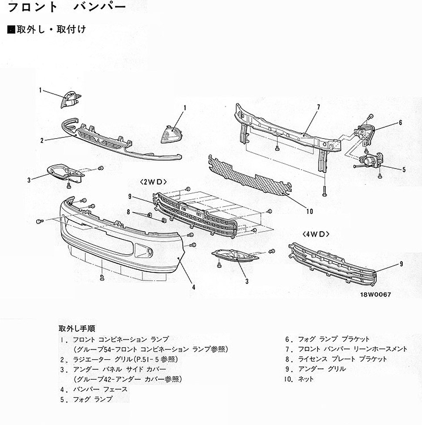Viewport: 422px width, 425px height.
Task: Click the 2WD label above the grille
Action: [153, 182]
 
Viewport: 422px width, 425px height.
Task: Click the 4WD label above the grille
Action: [316, 234]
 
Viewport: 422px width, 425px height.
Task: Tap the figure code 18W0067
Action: [375, 294]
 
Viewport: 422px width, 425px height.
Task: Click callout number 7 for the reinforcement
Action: [318, 107]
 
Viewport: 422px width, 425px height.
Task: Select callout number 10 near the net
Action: [310, 211]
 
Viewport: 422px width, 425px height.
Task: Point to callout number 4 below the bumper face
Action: [193, 287]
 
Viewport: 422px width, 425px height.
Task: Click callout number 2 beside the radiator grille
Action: [42, 140]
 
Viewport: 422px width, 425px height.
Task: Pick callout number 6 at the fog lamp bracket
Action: [400, 123]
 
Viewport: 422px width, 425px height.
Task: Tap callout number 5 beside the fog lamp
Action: [404, 170]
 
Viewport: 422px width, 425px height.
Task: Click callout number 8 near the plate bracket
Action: [128, 212]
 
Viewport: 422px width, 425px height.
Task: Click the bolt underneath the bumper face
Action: [102, 278]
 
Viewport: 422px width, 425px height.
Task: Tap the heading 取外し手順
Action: [77, 329]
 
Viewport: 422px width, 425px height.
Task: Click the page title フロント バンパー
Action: [67, 7]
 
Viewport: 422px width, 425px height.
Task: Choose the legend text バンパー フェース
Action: [100, 390]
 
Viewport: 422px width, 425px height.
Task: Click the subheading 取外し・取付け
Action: [51, 29]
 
